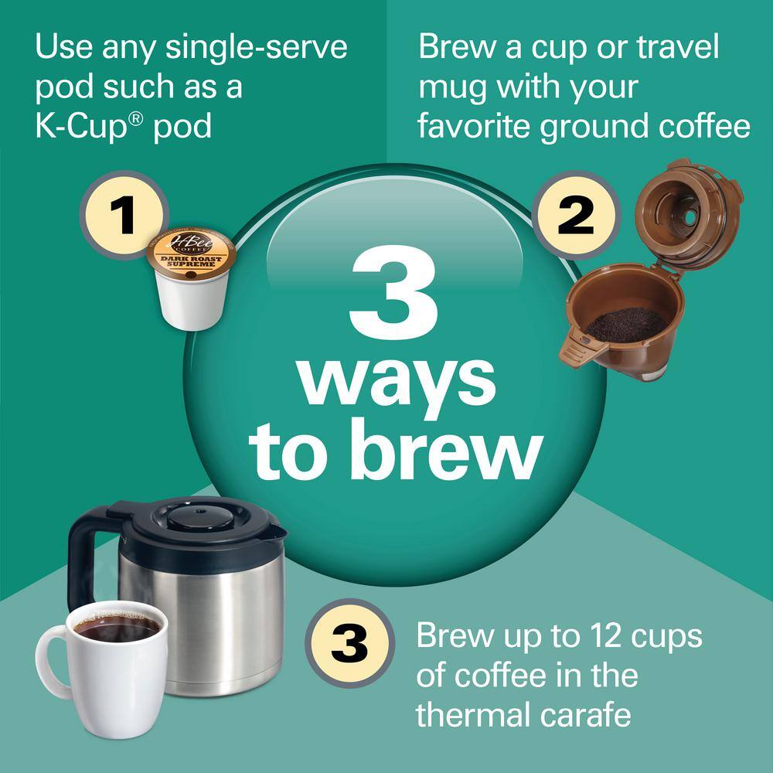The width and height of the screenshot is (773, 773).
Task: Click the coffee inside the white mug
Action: point(116,628)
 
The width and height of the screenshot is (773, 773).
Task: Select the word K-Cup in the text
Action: point(82,125)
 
